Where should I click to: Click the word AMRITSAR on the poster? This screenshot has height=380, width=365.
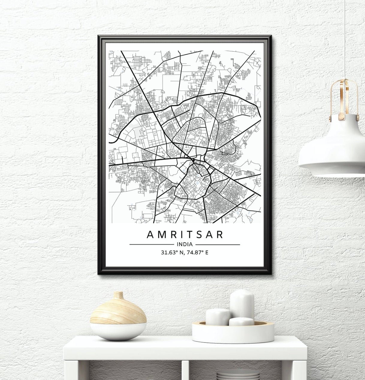coord(185,234)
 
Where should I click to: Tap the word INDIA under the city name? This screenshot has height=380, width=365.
coord(185,244)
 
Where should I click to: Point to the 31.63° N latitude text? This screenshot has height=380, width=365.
coord(171,252)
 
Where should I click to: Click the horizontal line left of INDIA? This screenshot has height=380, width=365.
coord(151,245)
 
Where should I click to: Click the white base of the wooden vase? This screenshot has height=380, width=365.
coord(118,330)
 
